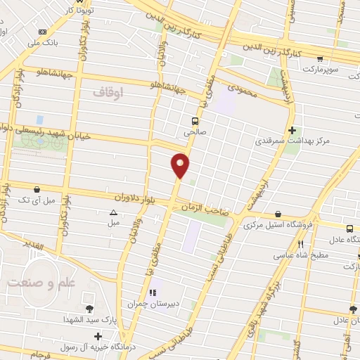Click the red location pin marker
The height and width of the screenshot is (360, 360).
tap(181, 165)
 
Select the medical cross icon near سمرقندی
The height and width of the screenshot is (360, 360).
tap(292, 130)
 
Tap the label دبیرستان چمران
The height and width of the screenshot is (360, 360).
tap(150, 304)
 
